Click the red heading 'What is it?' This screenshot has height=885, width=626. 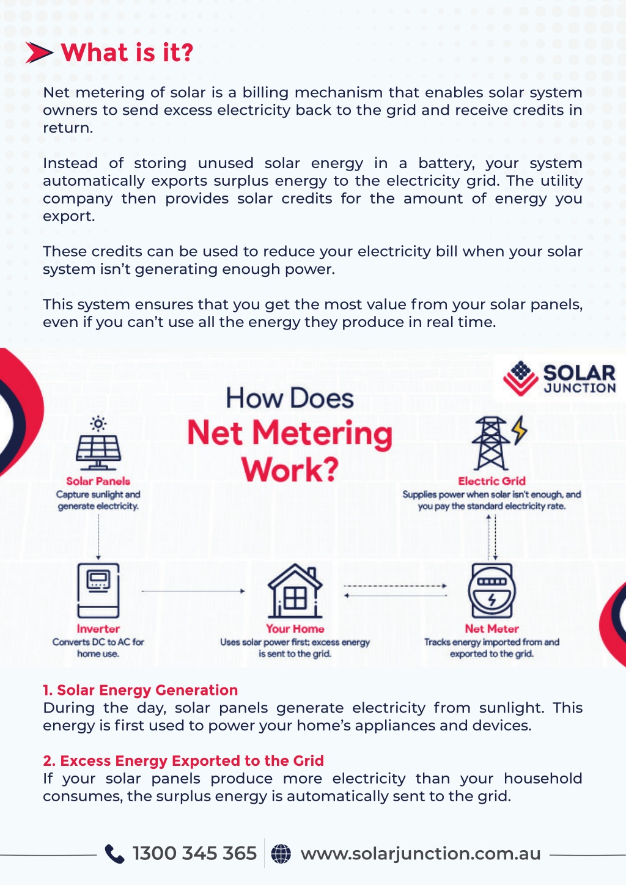pyautogui.click(x=127, y=53)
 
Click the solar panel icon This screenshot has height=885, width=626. pyautogui.click(x=98, y=443)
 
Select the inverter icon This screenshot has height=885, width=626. pyautogui.click(x=98, y=590)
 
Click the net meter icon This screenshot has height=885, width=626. pyautogui.click(x=492, y=590)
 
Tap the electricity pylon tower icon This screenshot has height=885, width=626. pyautogui.click(x=490, y=443)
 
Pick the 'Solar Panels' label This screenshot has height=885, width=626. pyautogui.click(x=98, y=481)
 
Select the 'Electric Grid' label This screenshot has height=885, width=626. pyautogui.click(x=492, y=481)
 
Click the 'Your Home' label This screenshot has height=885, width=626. pyautogui.click(x=295, y=628)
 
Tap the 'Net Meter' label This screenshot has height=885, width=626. pyautogui.click(x=492, y=628)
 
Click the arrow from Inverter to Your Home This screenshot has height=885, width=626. pyautogui.click(x=193, y=591)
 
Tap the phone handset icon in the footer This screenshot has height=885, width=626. pyautogui.click(x=114, y=854)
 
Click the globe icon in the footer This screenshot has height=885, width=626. pyautogui.click(x=281, y=854)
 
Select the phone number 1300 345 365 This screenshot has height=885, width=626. pyautogui.click(x=194, y=853)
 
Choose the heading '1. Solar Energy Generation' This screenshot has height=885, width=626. pyautogui.click(x=140, y=690)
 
